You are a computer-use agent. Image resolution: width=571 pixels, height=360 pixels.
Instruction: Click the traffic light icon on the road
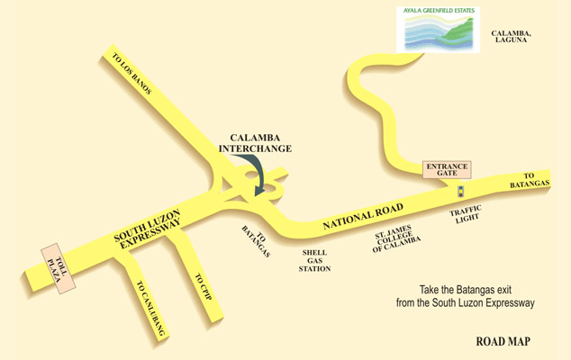461,192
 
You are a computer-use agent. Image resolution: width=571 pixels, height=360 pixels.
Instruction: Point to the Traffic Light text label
467,215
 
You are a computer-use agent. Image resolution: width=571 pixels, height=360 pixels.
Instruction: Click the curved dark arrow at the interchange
258,175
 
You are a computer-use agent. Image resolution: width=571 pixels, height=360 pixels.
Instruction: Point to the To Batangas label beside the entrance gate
535,179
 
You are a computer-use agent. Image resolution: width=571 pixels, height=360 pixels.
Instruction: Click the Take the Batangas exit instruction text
477,296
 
